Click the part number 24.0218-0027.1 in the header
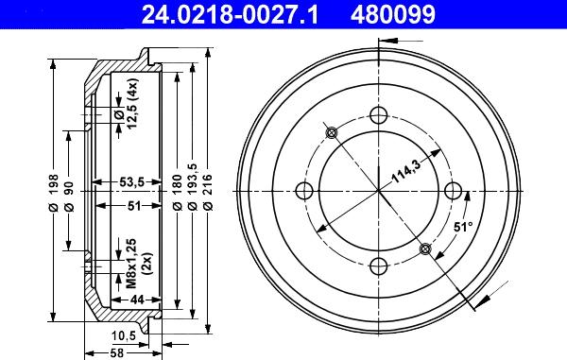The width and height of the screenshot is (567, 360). click(230, 14)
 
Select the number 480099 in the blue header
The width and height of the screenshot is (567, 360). click(393, 14)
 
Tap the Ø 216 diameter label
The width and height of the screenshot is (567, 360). click(208, 193)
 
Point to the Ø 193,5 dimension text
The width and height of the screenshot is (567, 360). click(193, 187)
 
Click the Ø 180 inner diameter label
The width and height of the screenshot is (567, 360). click(178, 193)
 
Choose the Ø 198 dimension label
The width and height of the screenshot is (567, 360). click(53, 193)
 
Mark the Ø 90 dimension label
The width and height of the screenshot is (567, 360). click(69, 197)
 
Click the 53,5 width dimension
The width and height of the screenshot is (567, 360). click(131, 182)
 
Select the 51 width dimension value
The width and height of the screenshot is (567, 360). click(134, 206)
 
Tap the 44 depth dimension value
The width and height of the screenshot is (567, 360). click(137, 300)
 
